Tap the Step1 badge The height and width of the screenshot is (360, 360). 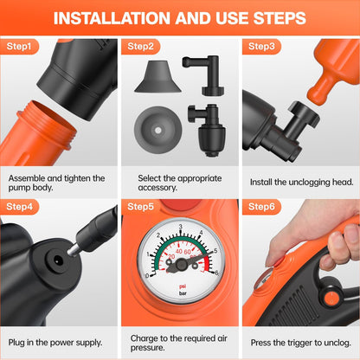pyautogui.click(x=20, y=45)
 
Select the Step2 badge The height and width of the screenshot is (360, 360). pyautogui.click(x=140, y=45)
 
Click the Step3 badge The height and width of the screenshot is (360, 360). pyautogui.click(x=260, y=45)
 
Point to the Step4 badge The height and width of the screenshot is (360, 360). pyautogui.click(x=20, y=207)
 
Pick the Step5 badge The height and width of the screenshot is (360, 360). pyautogui.click(x=140, y=207)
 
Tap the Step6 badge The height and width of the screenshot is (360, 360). pyautogui.click(x=260, y=207)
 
